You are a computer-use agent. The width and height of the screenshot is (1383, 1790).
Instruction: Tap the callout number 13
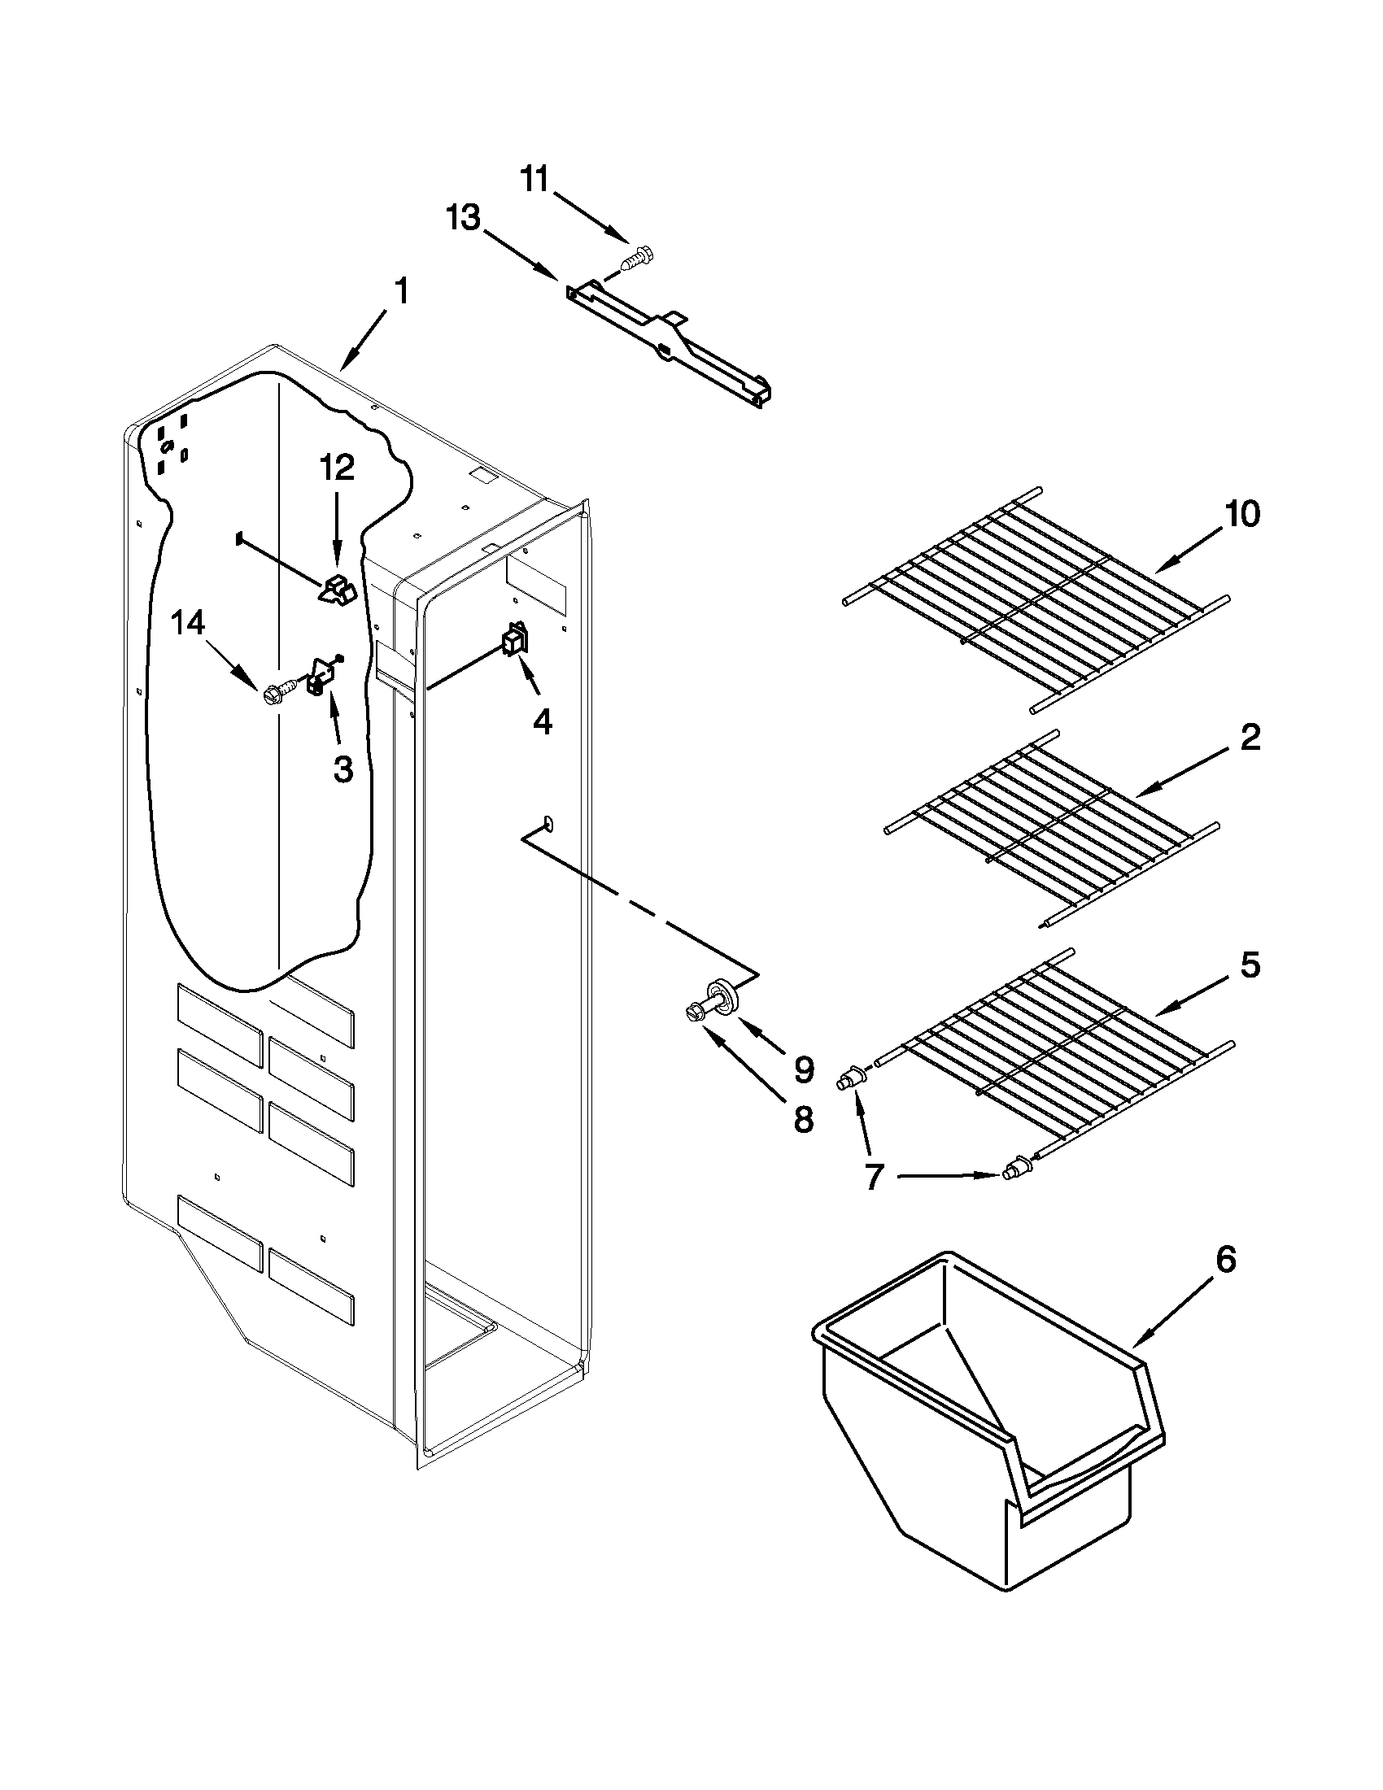click(x=463, y=220)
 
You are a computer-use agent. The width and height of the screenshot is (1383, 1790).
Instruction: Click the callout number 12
click(x=337, y=468)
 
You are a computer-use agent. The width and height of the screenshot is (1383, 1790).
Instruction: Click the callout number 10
click(x=1241, y=514)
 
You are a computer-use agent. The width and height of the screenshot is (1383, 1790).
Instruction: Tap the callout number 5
click(x=1249, y=965)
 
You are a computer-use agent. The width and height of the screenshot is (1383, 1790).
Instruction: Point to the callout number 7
click(x=873, y=1178)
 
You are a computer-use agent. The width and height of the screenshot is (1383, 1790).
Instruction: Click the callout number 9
click(x=803, y=1068)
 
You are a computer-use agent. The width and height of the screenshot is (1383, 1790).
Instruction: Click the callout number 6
click(x=1225, y=1259)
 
